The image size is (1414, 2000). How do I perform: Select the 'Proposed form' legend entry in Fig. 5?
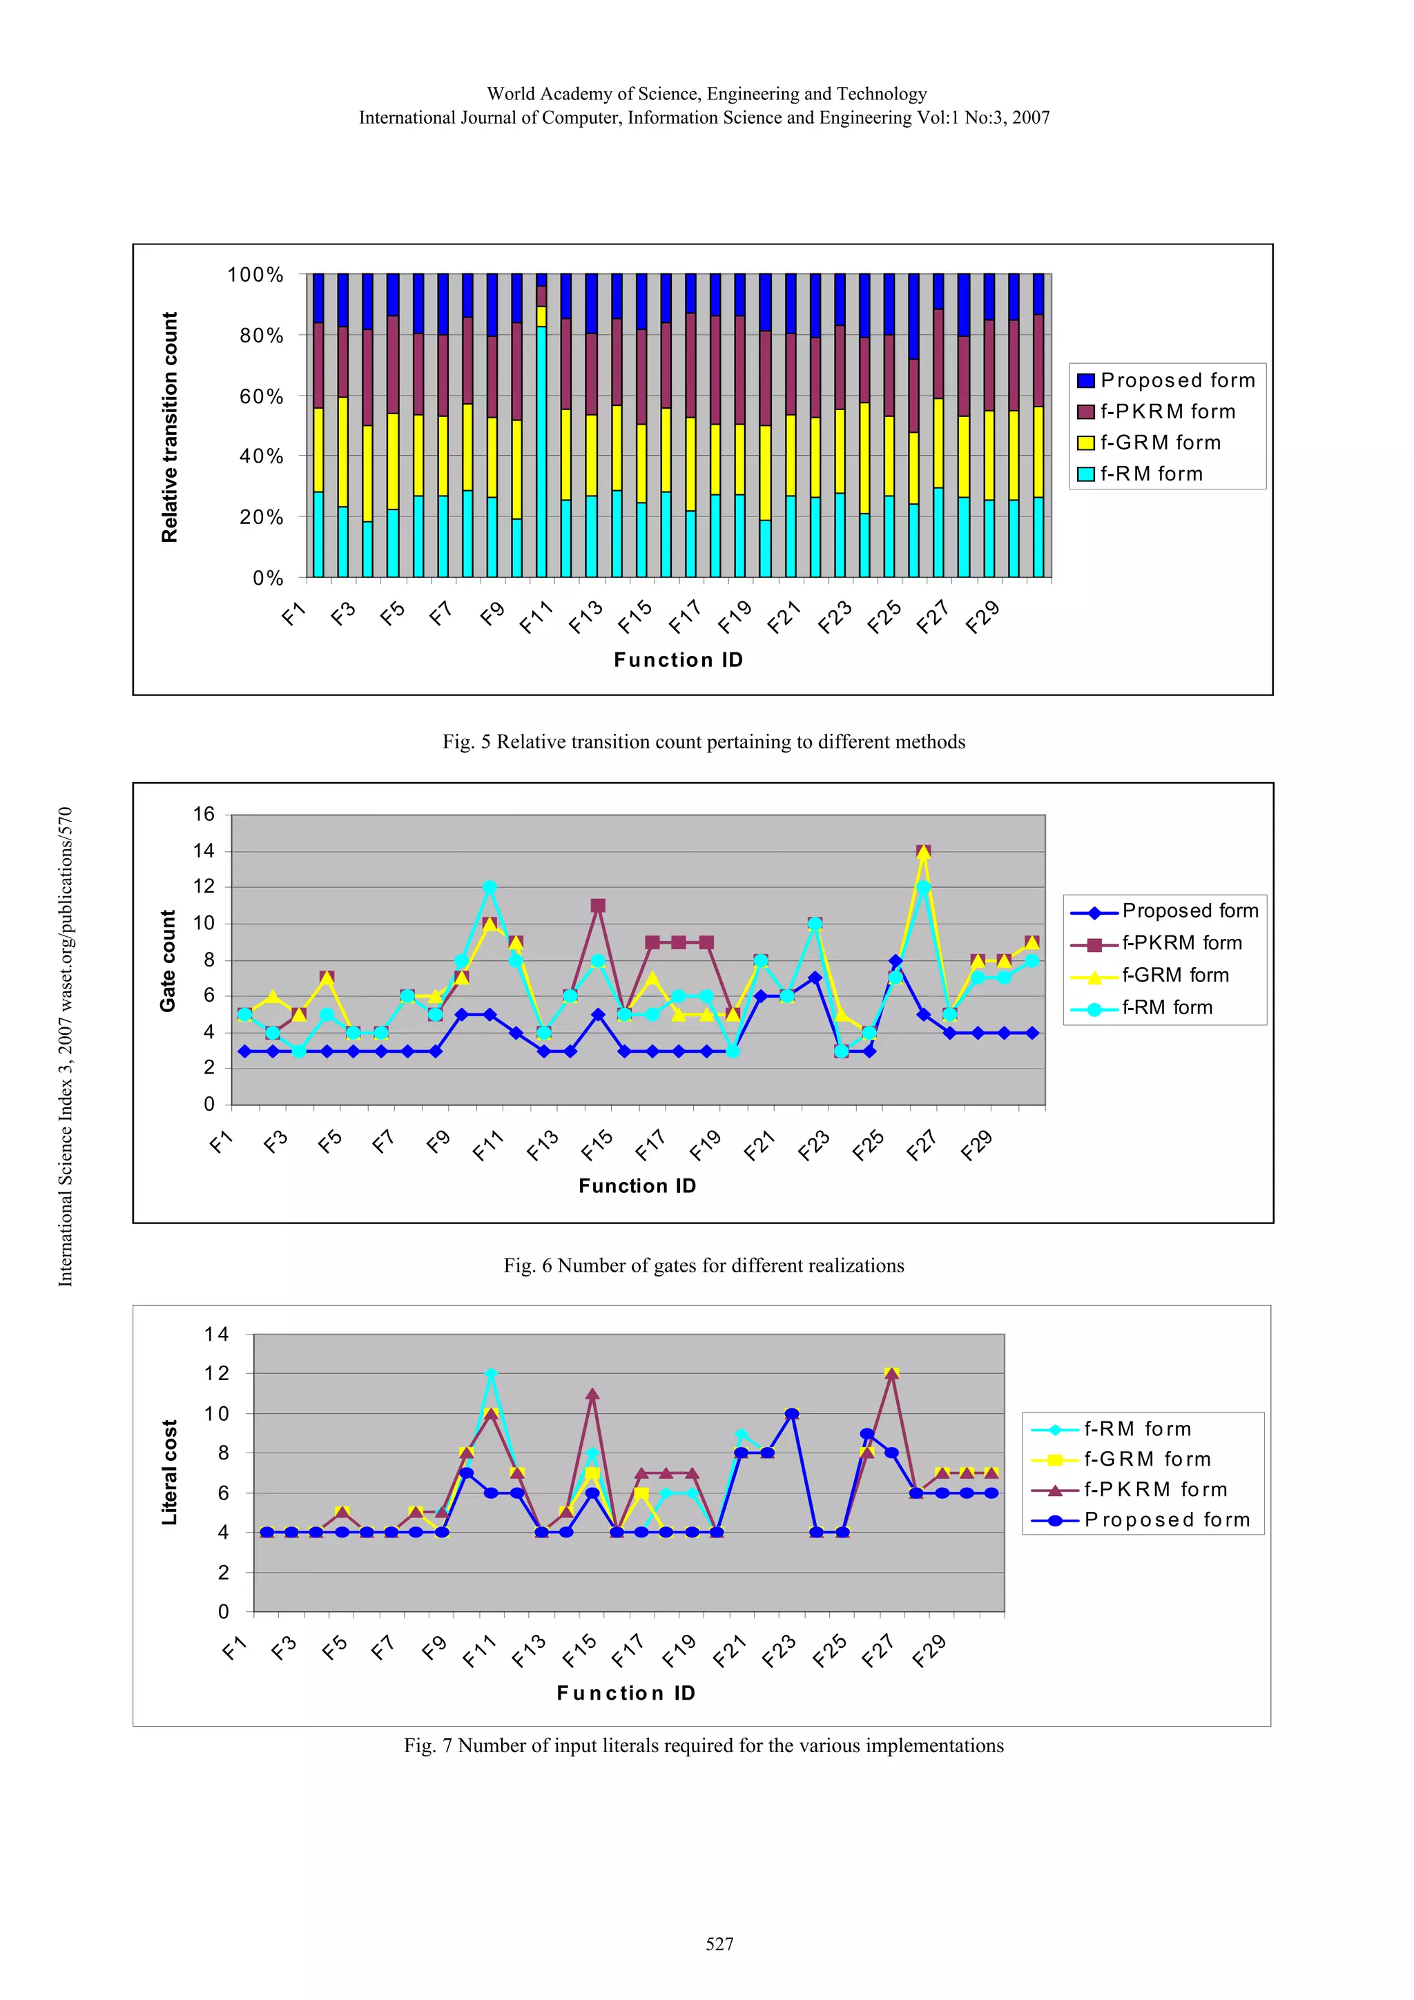pos(1165,380)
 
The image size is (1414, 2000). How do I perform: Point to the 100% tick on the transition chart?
pos(255,275)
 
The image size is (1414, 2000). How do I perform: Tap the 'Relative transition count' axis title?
pos(169,427)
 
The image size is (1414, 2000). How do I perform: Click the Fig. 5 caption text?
pos(703,742)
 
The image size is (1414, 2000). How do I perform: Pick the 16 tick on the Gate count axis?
pos(204,815)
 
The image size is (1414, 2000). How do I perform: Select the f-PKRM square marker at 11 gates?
pos(598,906)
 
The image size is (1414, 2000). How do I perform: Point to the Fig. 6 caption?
pos(703,1265)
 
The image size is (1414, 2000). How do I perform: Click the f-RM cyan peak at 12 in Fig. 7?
pos(490,1374)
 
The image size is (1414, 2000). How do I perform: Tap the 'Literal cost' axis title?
pos(169,1472)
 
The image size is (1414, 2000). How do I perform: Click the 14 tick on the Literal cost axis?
pos(216,1334)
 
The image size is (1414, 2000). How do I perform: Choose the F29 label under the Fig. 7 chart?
pos(929,1651)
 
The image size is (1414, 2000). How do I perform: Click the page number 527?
pos(719,1944)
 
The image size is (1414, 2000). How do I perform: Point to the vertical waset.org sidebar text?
pos(66,1046)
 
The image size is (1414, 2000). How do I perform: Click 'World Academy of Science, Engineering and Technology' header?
pos(706,94)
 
